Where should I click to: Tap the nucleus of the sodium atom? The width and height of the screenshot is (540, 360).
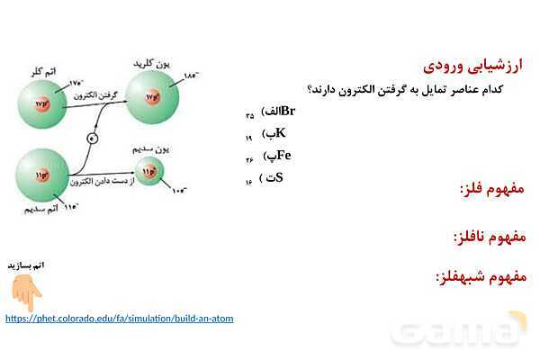click(40, 172)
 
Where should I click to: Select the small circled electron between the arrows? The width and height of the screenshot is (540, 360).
click(91, 138)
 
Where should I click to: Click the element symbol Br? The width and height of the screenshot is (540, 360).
click(288, 112)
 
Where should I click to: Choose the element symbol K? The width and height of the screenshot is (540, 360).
click(280, 133)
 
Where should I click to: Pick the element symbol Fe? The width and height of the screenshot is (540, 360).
click(283, 155)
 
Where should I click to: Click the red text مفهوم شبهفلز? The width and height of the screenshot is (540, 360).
click(481, 276)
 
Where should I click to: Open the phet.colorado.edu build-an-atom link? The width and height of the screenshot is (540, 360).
click(119, 319)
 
